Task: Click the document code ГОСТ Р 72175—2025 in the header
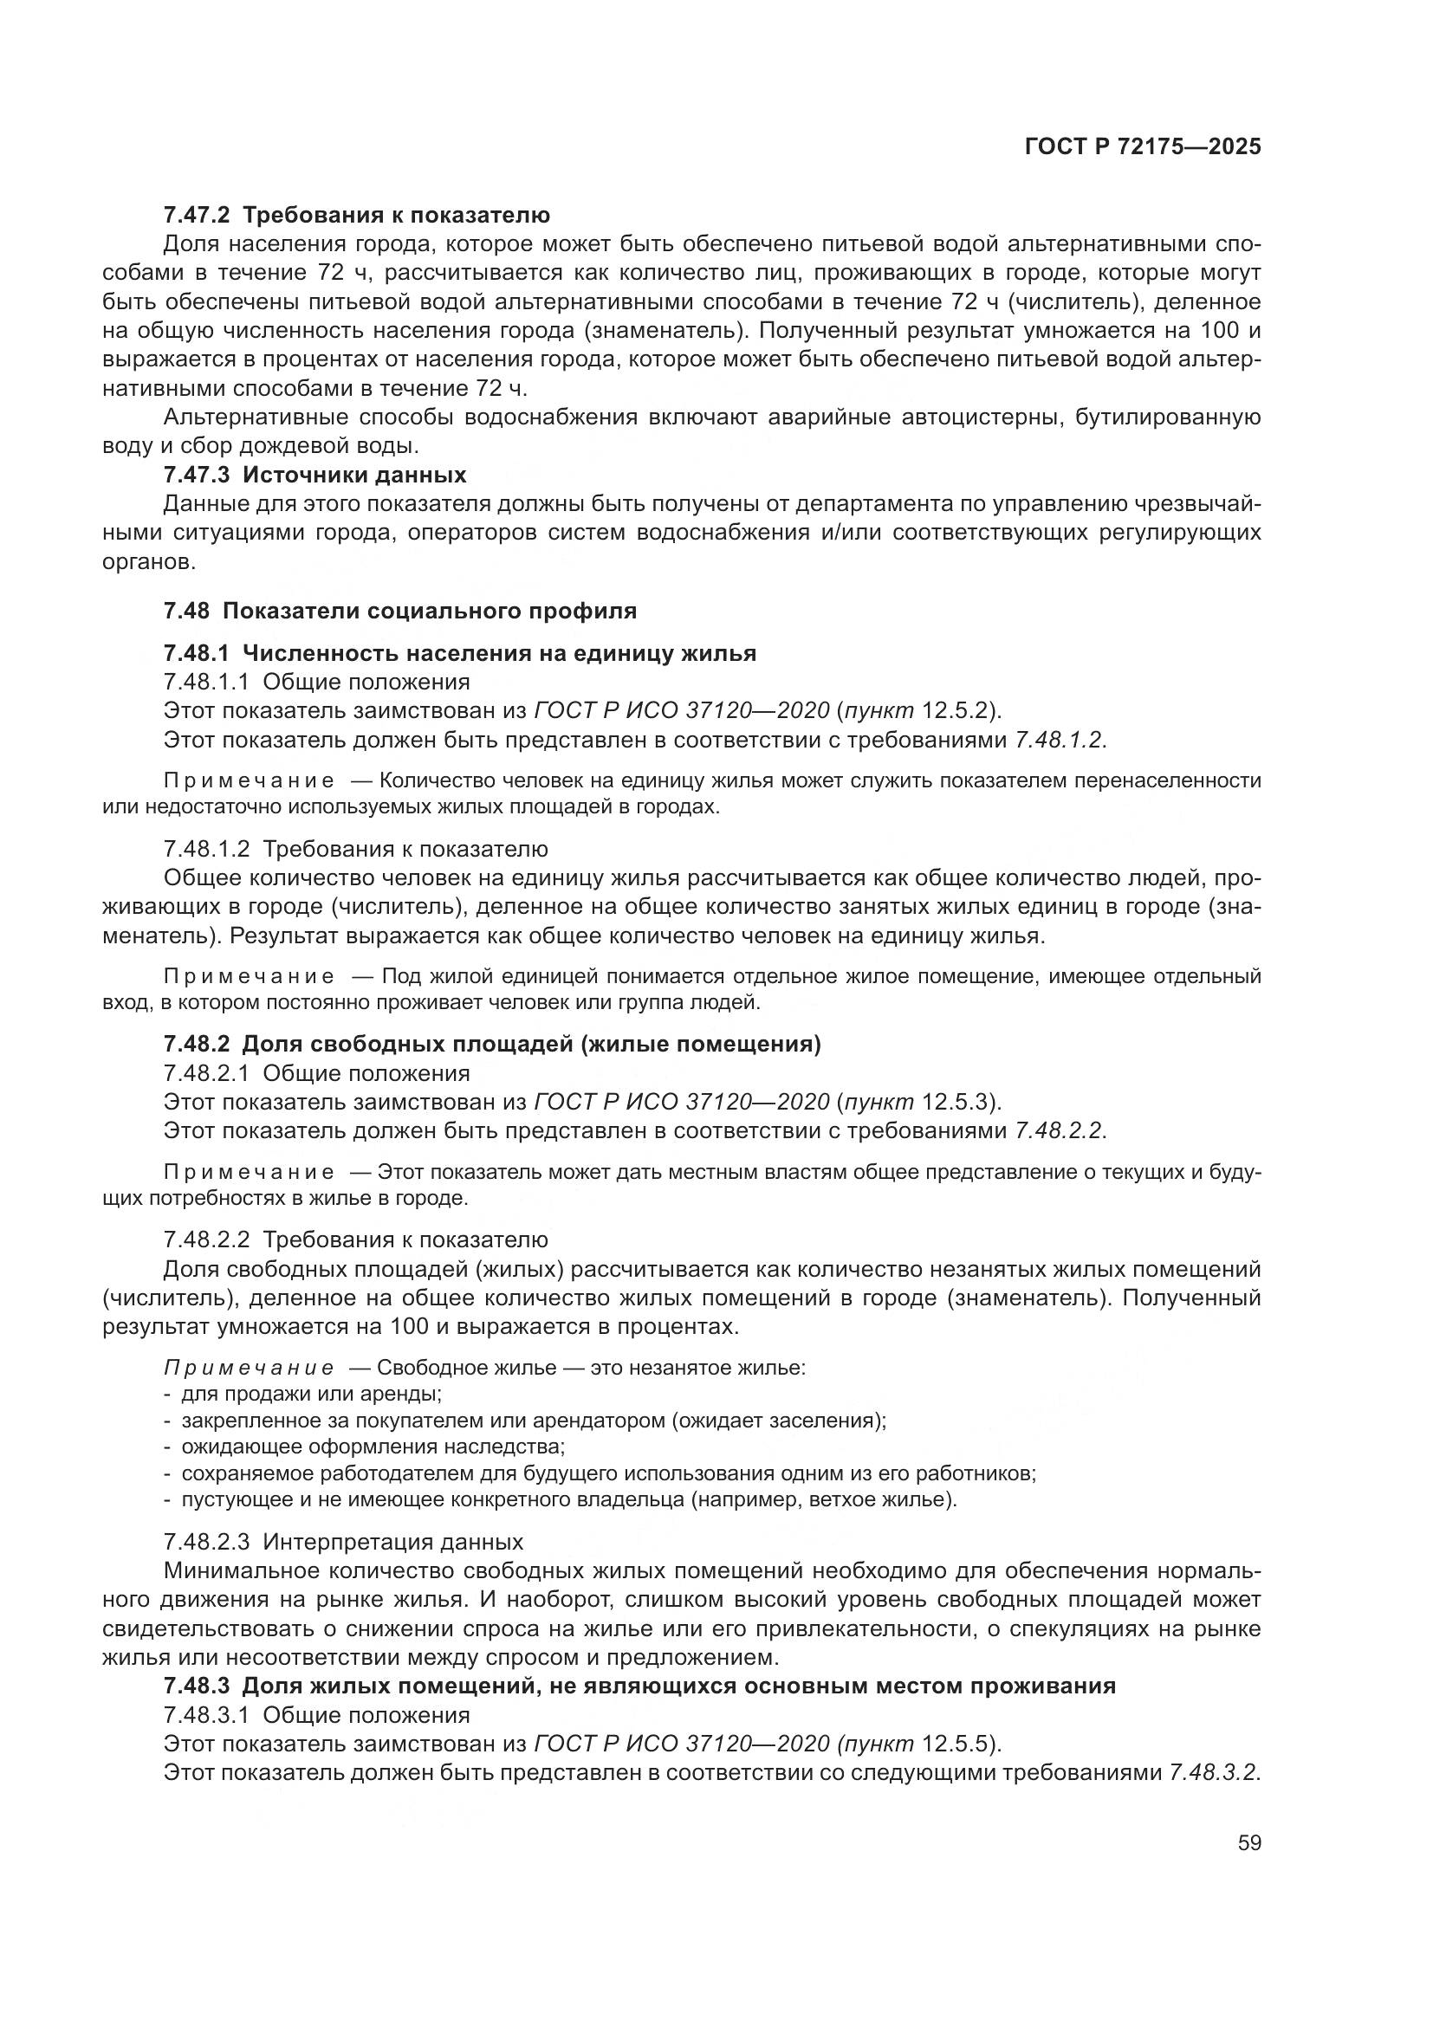[1143, 147]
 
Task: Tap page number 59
[1248, 1843]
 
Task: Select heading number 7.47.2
[196, 215]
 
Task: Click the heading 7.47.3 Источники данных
[315, 475]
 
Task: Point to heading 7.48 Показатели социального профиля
[399, 611]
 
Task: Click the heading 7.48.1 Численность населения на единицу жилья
[460, 653]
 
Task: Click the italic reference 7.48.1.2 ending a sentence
[1060, 740]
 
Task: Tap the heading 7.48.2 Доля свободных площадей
[491, 1045]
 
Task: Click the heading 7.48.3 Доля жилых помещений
[639, 1686]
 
